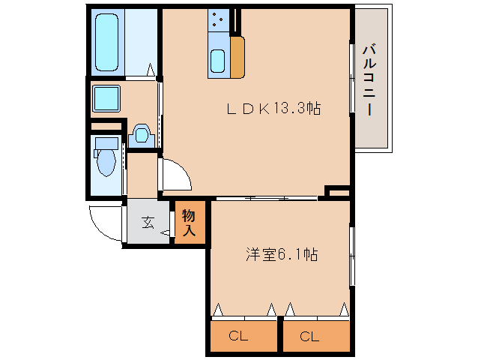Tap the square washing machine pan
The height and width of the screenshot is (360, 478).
click(x=106, y=97)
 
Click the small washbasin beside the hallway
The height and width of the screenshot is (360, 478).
click(x=141, y=136)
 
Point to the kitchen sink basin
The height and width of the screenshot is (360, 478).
click(x=218, y=60)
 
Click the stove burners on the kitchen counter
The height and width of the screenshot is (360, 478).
click(x=219, y=21)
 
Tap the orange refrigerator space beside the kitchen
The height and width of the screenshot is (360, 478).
click(x=238, y=56)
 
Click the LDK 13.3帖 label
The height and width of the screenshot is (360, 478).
click(x=273, y=109)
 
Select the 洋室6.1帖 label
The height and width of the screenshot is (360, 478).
click(x=281, y=255)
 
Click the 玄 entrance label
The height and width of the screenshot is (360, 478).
click(x=148, y=222)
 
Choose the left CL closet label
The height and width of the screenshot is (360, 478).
click(x=238, y=337)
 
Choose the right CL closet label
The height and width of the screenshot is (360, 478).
click(x=309, y=337)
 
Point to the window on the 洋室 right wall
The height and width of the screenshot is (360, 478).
click(x=351, y=255)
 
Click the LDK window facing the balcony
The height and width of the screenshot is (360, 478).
click(x=351, y=79)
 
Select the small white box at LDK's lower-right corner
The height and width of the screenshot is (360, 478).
click(x=338, y=193)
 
